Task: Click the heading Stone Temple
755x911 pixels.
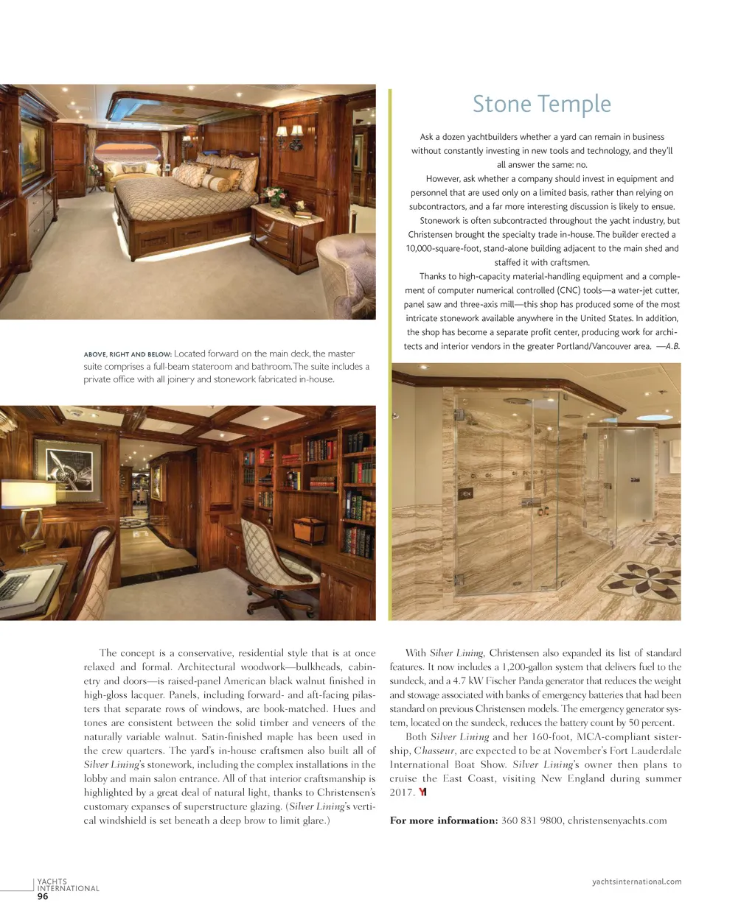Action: coord(541,105)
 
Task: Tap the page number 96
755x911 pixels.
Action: coord(43,897)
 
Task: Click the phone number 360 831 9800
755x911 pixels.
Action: coord(531,820)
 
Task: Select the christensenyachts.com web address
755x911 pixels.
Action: coord(617,820)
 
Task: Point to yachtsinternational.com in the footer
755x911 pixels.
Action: coord(636,882)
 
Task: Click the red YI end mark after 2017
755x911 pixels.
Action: coord(422,792)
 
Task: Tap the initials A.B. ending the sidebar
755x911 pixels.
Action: coord(672,346)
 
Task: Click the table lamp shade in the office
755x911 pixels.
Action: coord(28,493)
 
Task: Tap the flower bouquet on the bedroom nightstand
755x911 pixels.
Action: coord(275,195)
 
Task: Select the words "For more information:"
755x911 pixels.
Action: coord(444,820)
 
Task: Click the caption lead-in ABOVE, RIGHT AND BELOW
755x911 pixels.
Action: coord(127,354)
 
